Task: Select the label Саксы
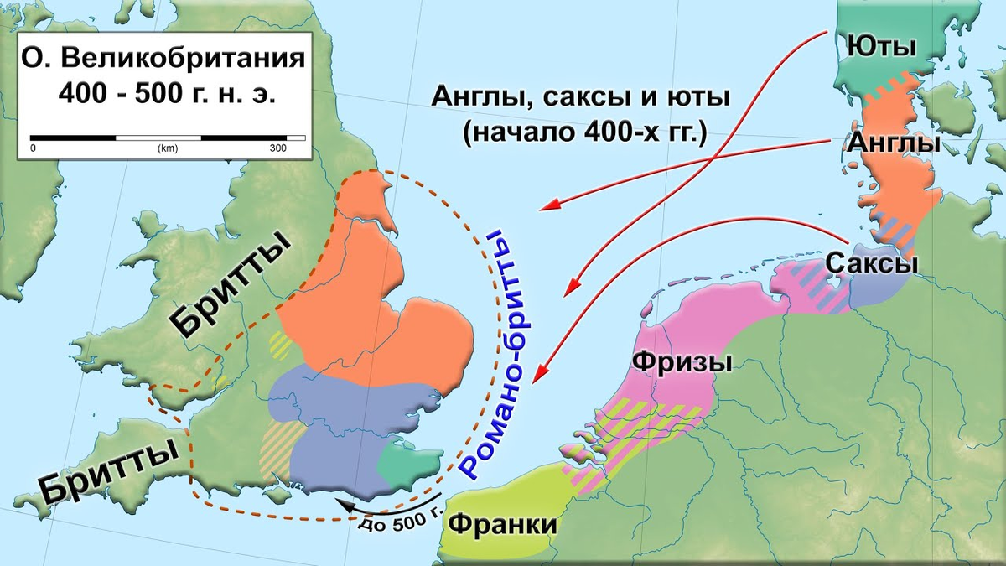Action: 872,262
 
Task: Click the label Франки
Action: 503,524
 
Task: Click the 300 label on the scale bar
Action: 277,148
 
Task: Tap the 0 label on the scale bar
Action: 33,148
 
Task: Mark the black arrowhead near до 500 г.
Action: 339,504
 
